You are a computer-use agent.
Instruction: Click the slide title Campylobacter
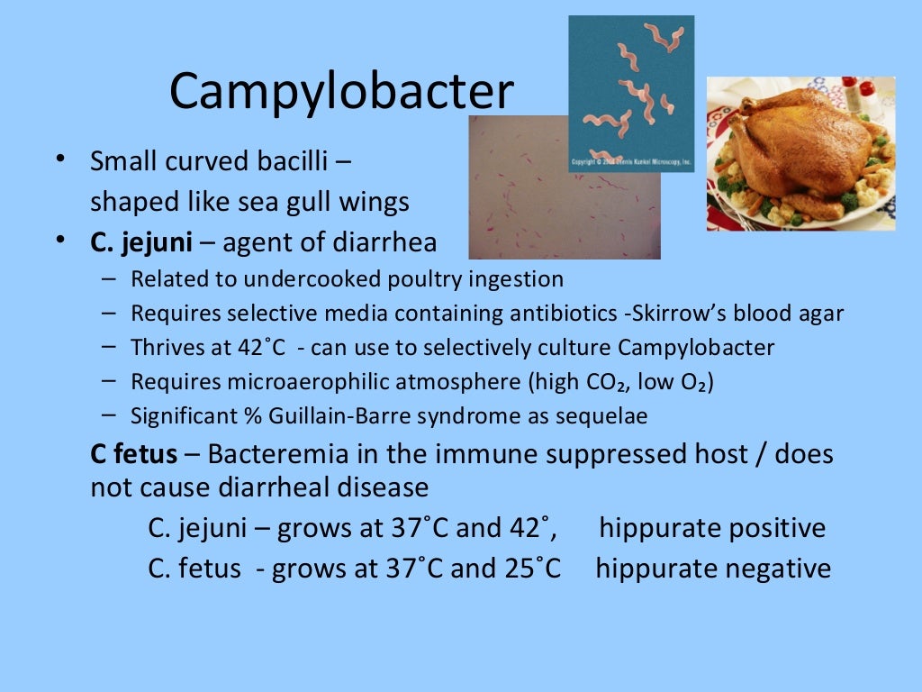tap(341, 92)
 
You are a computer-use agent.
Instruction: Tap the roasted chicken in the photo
tap(797, 144)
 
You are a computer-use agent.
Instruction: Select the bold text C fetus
tap(133, 453)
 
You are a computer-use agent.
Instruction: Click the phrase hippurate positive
tap(711, 528)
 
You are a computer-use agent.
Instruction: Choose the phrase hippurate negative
tap(713, 569)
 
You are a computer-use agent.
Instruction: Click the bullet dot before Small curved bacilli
tap(59, 160)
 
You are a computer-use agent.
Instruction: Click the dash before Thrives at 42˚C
tap(108, 347)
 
